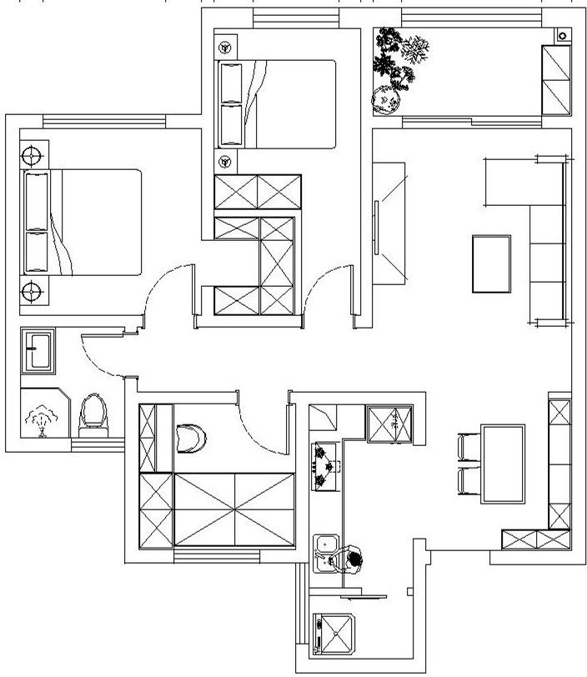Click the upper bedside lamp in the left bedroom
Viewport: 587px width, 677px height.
(32, 155)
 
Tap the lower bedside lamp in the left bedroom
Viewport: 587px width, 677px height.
(32, 291)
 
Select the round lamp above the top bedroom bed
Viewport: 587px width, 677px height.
(224, 48)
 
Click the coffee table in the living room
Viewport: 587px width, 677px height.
(492, 263)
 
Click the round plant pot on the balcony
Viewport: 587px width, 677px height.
(385, 102)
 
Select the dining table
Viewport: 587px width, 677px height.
(503, 464)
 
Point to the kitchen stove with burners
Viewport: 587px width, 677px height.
(324, 468)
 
